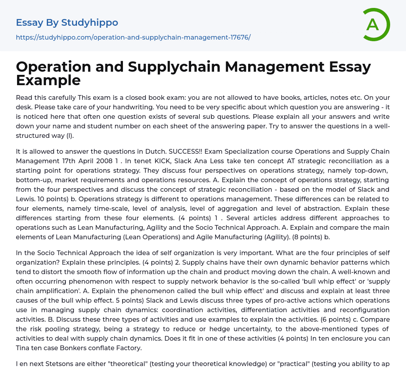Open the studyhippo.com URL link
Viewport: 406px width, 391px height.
tap(133, 37)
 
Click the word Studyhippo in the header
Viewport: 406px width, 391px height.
tap(90, 23)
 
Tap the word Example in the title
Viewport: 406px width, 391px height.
tap(48, 80)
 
